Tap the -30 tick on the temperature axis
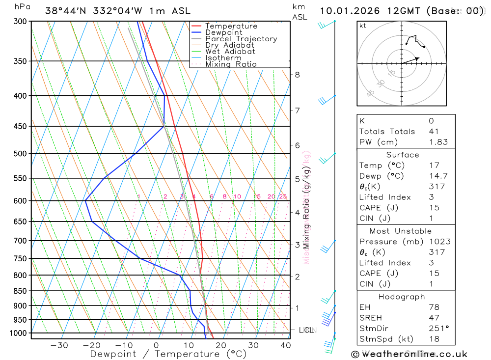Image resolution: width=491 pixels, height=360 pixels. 59,345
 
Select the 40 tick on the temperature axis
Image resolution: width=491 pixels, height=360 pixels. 286,345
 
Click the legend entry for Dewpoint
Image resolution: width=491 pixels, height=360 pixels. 224,32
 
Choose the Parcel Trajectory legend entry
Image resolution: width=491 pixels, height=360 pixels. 241,39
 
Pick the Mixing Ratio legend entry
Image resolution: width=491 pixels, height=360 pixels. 231,64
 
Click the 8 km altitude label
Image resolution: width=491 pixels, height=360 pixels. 297,75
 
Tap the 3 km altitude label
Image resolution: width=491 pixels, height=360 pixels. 297,245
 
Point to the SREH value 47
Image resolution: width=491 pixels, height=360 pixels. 434,318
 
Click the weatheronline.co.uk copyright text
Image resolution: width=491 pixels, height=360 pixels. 409,354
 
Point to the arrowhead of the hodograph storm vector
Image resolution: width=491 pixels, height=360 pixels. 418,58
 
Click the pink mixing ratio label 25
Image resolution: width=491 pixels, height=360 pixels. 283,197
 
